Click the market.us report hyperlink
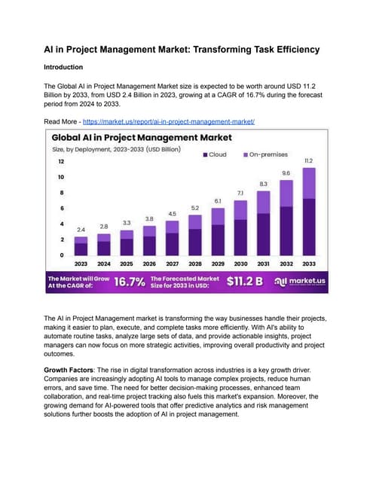169,121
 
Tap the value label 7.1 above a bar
240,194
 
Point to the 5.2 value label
194,208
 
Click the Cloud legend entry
215,154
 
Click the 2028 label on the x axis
194,264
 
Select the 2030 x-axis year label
240,264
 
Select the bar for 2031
264,226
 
